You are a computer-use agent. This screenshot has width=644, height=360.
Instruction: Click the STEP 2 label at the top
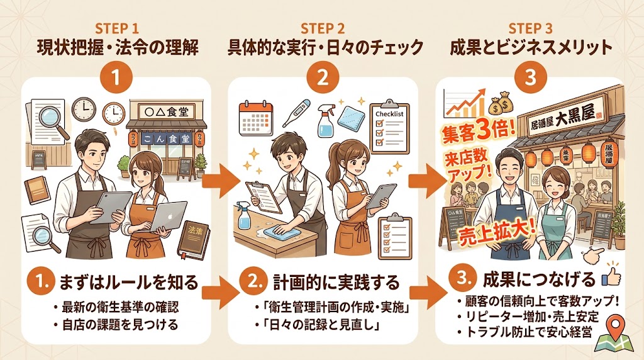(x=323, y=28)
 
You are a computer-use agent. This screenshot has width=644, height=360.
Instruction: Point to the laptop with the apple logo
(x=160, y=218)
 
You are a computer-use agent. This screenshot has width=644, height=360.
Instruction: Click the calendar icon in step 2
(x=253, y=116)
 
